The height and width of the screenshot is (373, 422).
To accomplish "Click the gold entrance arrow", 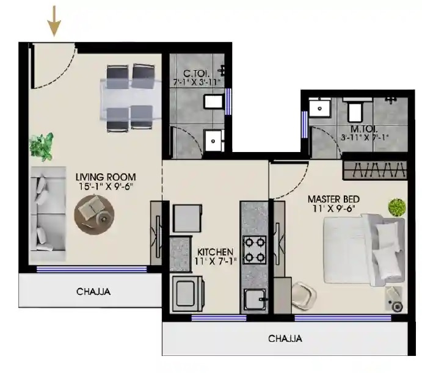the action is [54, 21].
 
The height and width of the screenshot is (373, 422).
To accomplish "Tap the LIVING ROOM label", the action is [106, 177].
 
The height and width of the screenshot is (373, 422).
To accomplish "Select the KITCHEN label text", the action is [216, 252].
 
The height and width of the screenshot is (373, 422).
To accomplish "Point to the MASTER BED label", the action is [333, 199].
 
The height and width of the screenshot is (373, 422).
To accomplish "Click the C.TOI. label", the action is [196, 73].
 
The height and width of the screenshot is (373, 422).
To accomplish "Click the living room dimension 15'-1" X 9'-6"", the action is [106, 186].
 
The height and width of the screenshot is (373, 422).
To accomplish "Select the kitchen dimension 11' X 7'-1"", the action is [216, 261].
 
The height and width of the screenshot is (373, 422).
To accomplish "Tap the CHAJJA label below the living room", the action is [93, 291].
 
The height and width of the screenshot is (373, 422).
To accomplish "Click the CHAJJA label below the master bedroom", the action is [285, 338].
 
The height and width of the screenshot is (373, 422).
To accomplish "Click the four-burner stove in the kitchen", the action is [254, 250].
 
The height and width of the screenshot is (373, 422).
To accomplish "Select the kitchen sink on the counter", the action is [255, 299].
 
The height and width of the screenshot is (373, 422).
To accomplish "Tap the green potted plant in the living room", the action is [42, 147].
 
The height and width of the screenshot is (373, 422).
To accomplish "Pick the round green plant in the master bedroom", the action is [397, 207].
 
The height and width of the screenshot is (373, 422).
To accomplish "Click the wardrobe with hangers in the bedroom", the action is [375, 170].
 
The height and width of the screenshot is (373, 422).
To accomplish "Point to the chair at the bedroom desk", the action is [304, 295].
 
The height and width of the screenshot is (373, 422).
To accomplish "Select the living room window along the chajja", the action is [92, 269].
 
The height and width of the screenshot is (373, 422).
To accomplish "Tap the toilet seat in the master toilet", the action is [355, 111].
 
